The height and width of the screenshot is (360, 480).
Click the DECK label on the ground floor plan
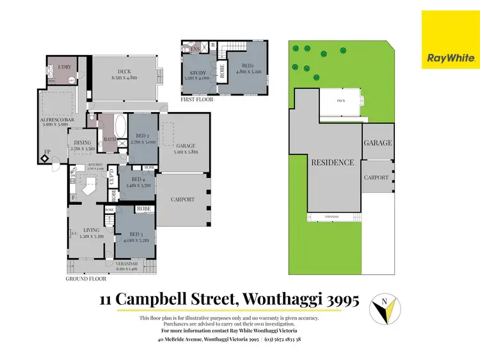tap(125, 74)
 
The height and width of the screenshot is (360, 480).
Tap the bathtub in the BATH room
tap(121, 126)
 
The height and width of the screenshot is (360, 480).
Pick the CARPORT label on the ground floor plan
tap(182, 199)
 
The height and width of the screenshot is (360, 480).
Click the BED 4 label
tap(138, 182)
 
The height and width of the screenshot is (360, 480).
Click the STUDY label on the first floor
tap(198, 74)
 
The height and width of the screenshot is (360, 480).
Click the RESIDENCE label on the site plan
tap(332, 163)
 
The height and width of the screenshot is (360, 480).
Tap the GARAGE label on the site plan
tap(378, 143)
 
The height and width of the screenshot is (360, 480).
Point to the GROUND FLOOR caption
tap(86, 279)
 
